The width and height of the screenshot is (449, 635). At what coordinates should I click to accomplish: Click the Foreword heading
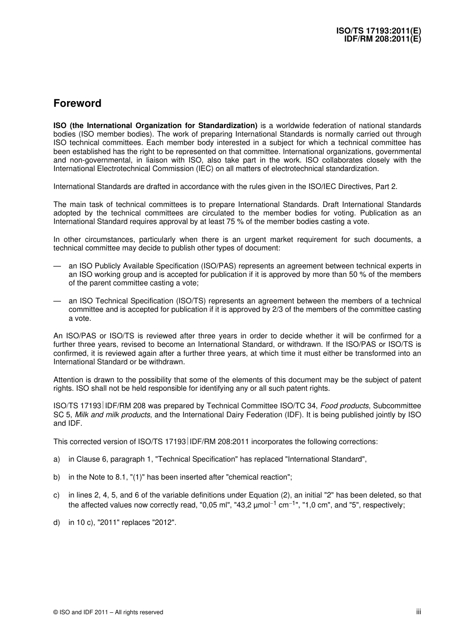[x=77, y=103]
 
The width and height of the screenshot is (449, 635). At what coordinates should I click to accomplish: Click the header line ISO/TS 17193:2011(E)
[x=379, y=31]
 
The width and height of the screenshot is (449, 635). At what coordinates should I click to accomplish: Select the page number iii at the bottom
[x=418, y=611]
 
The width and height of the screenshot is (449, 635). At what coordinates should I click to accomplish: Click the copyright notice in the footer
[x=108, y=612]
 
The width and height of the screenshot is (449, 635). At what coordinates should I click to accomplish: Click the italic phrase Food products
[x=345, y=406]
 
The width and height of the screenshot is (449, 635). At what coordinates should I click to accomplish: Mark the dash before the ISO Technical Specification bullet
[x=57, y=301]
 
